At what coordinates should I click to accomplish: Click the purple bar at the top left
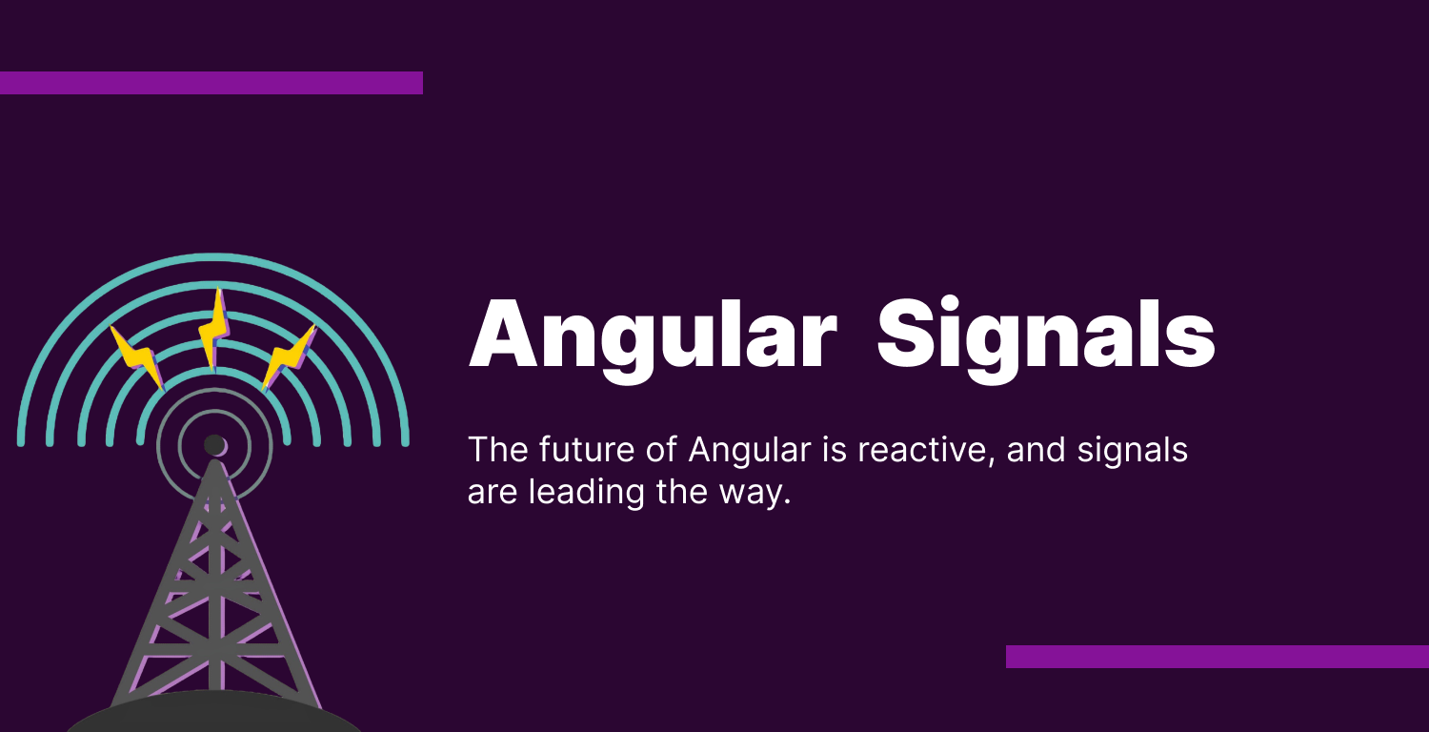(x=211, y=83)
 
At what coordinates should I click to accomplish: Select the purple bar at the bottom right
(x=1217, y=657)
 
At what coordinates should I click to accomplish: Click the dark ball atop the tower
(x=214, y=445)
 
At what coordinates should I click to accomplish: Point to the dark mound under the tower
(x=214, y=715)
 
